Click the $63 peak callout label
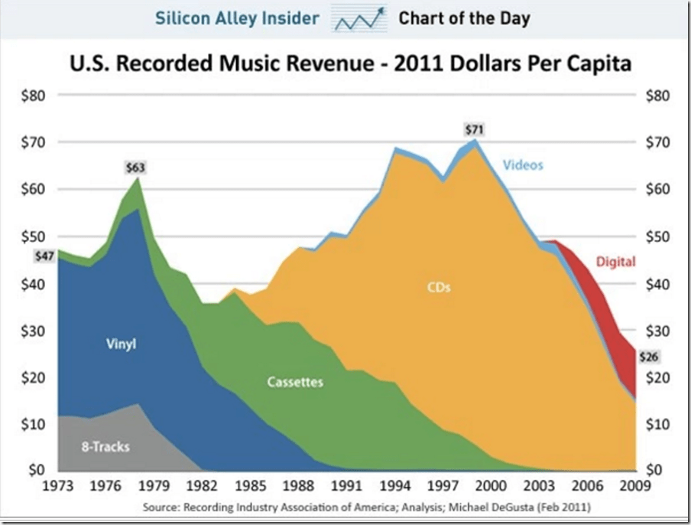point(135,168)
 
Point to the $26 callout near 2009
point(647,356)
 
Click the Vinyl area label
point(121,344)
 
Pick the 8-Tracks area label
point(105,446)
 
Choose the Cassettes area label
point(295,381)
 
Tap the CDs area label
point(438,288)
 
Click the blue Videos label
point(522,165)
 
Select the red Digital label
point(616,262)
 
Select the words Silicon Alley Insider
point(237,18)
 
